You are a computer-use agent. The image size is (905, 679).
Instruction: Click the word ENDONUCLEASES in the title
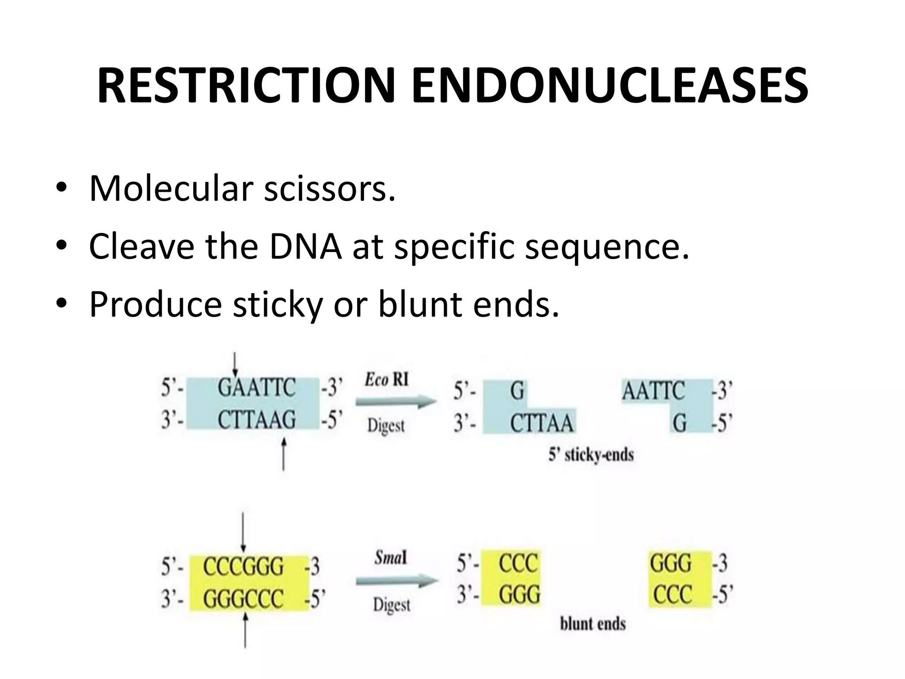tap(609, 86)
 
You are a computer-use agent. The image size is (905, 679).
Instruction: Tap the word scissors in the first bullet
tap(329, 189)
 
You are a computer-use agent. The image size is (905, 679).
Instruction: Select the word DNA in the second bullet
tap(305, 246)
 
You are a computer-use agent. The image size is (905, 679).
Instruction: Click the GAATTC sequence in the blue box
tap(256, 388)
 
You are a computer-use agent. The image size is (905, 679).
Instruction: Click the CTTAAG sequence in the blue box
tap(256, 419)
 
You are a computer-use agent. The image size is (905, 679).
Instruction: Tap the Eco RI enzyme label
tap(387, 379)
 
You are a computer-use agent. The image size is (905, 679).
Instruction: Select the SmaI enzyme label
tap(391, 558)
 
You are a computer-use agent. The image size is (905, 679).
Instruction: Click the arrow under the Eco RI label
tap(396, 402)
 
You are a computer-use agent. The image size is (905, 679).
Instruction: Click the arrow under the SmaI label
tap(396, 581)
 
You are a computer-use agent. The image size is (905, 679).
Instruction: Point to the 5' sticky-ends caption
tap(591, 454)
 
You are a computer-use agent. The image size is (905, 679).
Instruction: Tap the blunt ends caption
tap(593, 624)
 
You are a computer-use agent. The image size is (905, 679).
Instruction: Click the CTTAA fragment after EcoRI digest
tap(541, 423)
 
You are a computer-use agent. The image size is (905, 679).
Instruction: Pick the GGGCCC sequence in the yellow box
tap(243, 599)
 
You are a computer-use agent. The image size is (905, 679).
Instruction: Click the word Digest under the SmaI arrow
tap(392, 604)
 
